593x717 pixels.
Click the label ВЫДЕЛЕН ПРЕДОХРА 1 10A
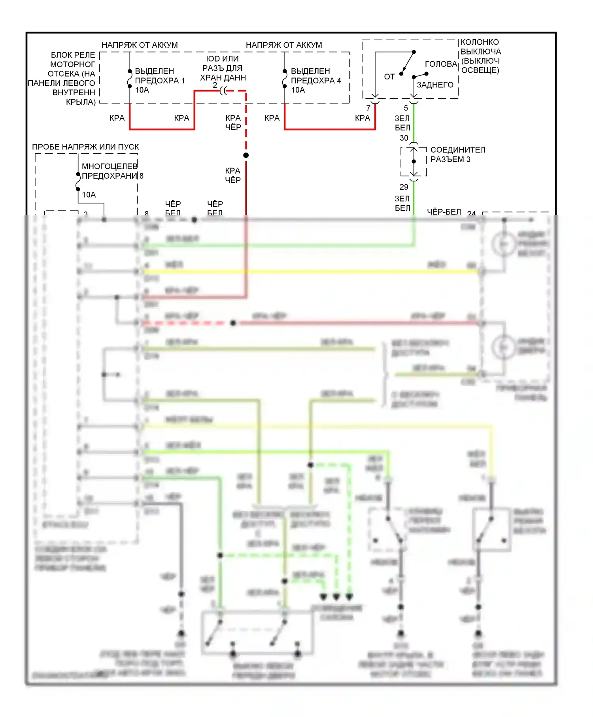pyautogui.click(x=159, y=81)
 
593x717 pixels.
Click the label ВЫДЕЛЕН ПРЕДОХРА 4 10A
pyautogui.click(x=315, y=81)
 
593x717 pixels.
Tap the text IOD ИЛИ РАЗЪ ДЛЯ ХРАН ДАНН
pyautogui.click(x=223, y=68)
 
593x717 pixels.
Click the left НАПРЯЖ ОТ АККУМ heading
pyautogui.click(x=140, y=45)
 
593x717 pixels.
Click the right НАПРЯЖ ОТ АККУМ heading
pyautogui.click(x=284, y=45)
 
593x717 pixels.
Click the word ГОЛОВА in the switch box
pyautogui.click(x=441, y=64)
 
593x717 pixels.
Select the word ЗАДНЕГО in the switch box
pyautogui.click(x=435, y=85)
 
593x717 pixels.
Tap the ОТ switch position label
pyautogui.click(x=389, y=77)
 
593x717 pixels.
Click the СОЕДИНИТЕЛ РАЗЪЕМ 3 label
pyautogui.click(x=457, y=155)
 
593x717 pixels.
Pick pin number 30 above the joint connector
pyautogui.click(x=404, y=138)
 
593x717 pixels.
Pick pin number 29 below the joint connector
pyautogui.click(x=404, y=187)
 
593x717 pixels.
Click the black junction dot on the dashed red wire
pyautogui.click(x=246, y=155)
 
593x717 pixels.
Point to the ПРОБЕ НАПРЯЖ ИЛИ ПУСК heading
pyautogui.click(x=85, y=147)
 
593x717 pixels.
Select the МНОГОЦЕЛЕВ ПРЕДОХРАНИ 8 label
pyautogui.click(x=112, y=171)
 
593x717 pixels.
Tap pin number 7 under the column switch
pyautogui.click(x=368, y=108)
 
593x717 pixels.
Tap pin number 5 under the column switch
pyautogui.click(x=406, y=108)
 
